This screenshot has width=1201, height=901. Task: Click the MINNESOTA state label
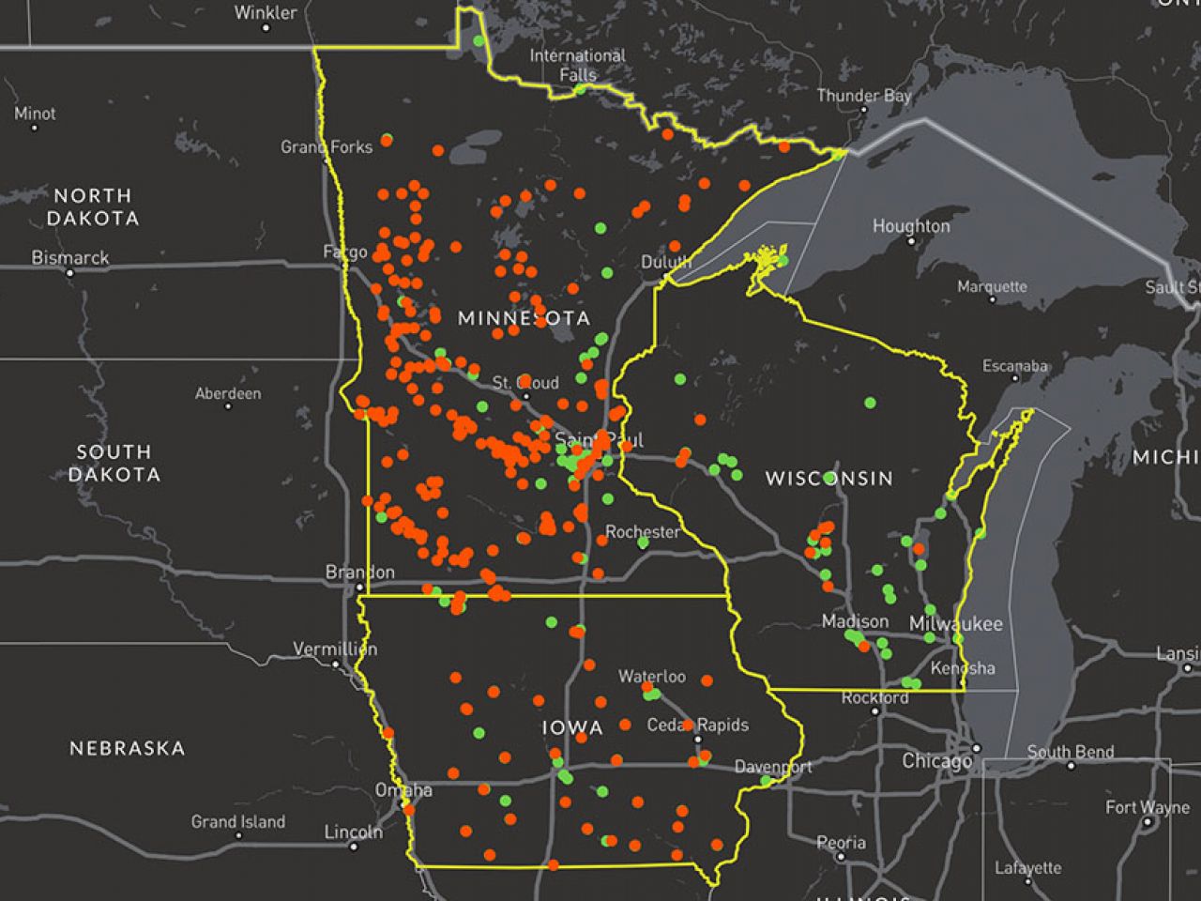click(524, 318)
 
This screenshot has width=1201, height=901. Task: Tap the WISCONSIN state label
click(829, 479)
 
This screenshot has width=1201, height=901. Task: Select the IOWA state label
click(571, 727)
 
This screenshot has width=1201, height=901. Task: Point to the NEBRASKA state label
click(128, 748)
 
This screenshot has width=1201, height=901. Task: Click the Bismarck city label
click(70, 257)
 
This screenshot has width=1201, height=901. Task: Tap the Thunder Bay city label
click(863, 96)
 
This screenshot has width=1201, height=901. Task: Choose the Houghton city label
click(910, 226)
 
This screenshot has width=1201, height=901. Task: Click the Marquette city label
click(992, 286)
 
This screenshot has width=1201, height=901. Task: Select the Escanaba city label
click(1015, 366)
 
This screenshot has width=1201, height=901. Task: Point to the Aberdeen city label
click(228, 393)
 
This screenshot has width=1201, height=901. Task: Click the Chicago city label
click(936, 760)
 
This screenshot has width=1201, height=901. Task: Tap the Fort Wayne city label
click(1147, 807)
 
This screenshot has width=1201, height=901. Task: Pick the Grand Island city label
click(238, 821)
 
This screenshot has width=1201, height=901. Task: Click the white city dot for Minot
click(35, 128)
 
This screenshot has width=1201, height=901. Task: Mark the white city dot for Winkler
click(266, 28)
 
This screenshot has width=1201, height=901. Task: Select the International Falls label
click(577, 65)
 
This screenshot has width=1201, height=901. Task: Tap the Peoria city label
click(841, 843)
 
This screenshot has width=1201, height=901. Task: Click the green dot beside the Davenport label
click(766, 781)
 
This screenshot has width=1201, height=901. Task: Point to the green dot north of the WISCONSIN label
click(870, 403)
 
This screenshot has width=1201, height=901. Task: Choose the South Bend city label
click(1071, 752)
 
